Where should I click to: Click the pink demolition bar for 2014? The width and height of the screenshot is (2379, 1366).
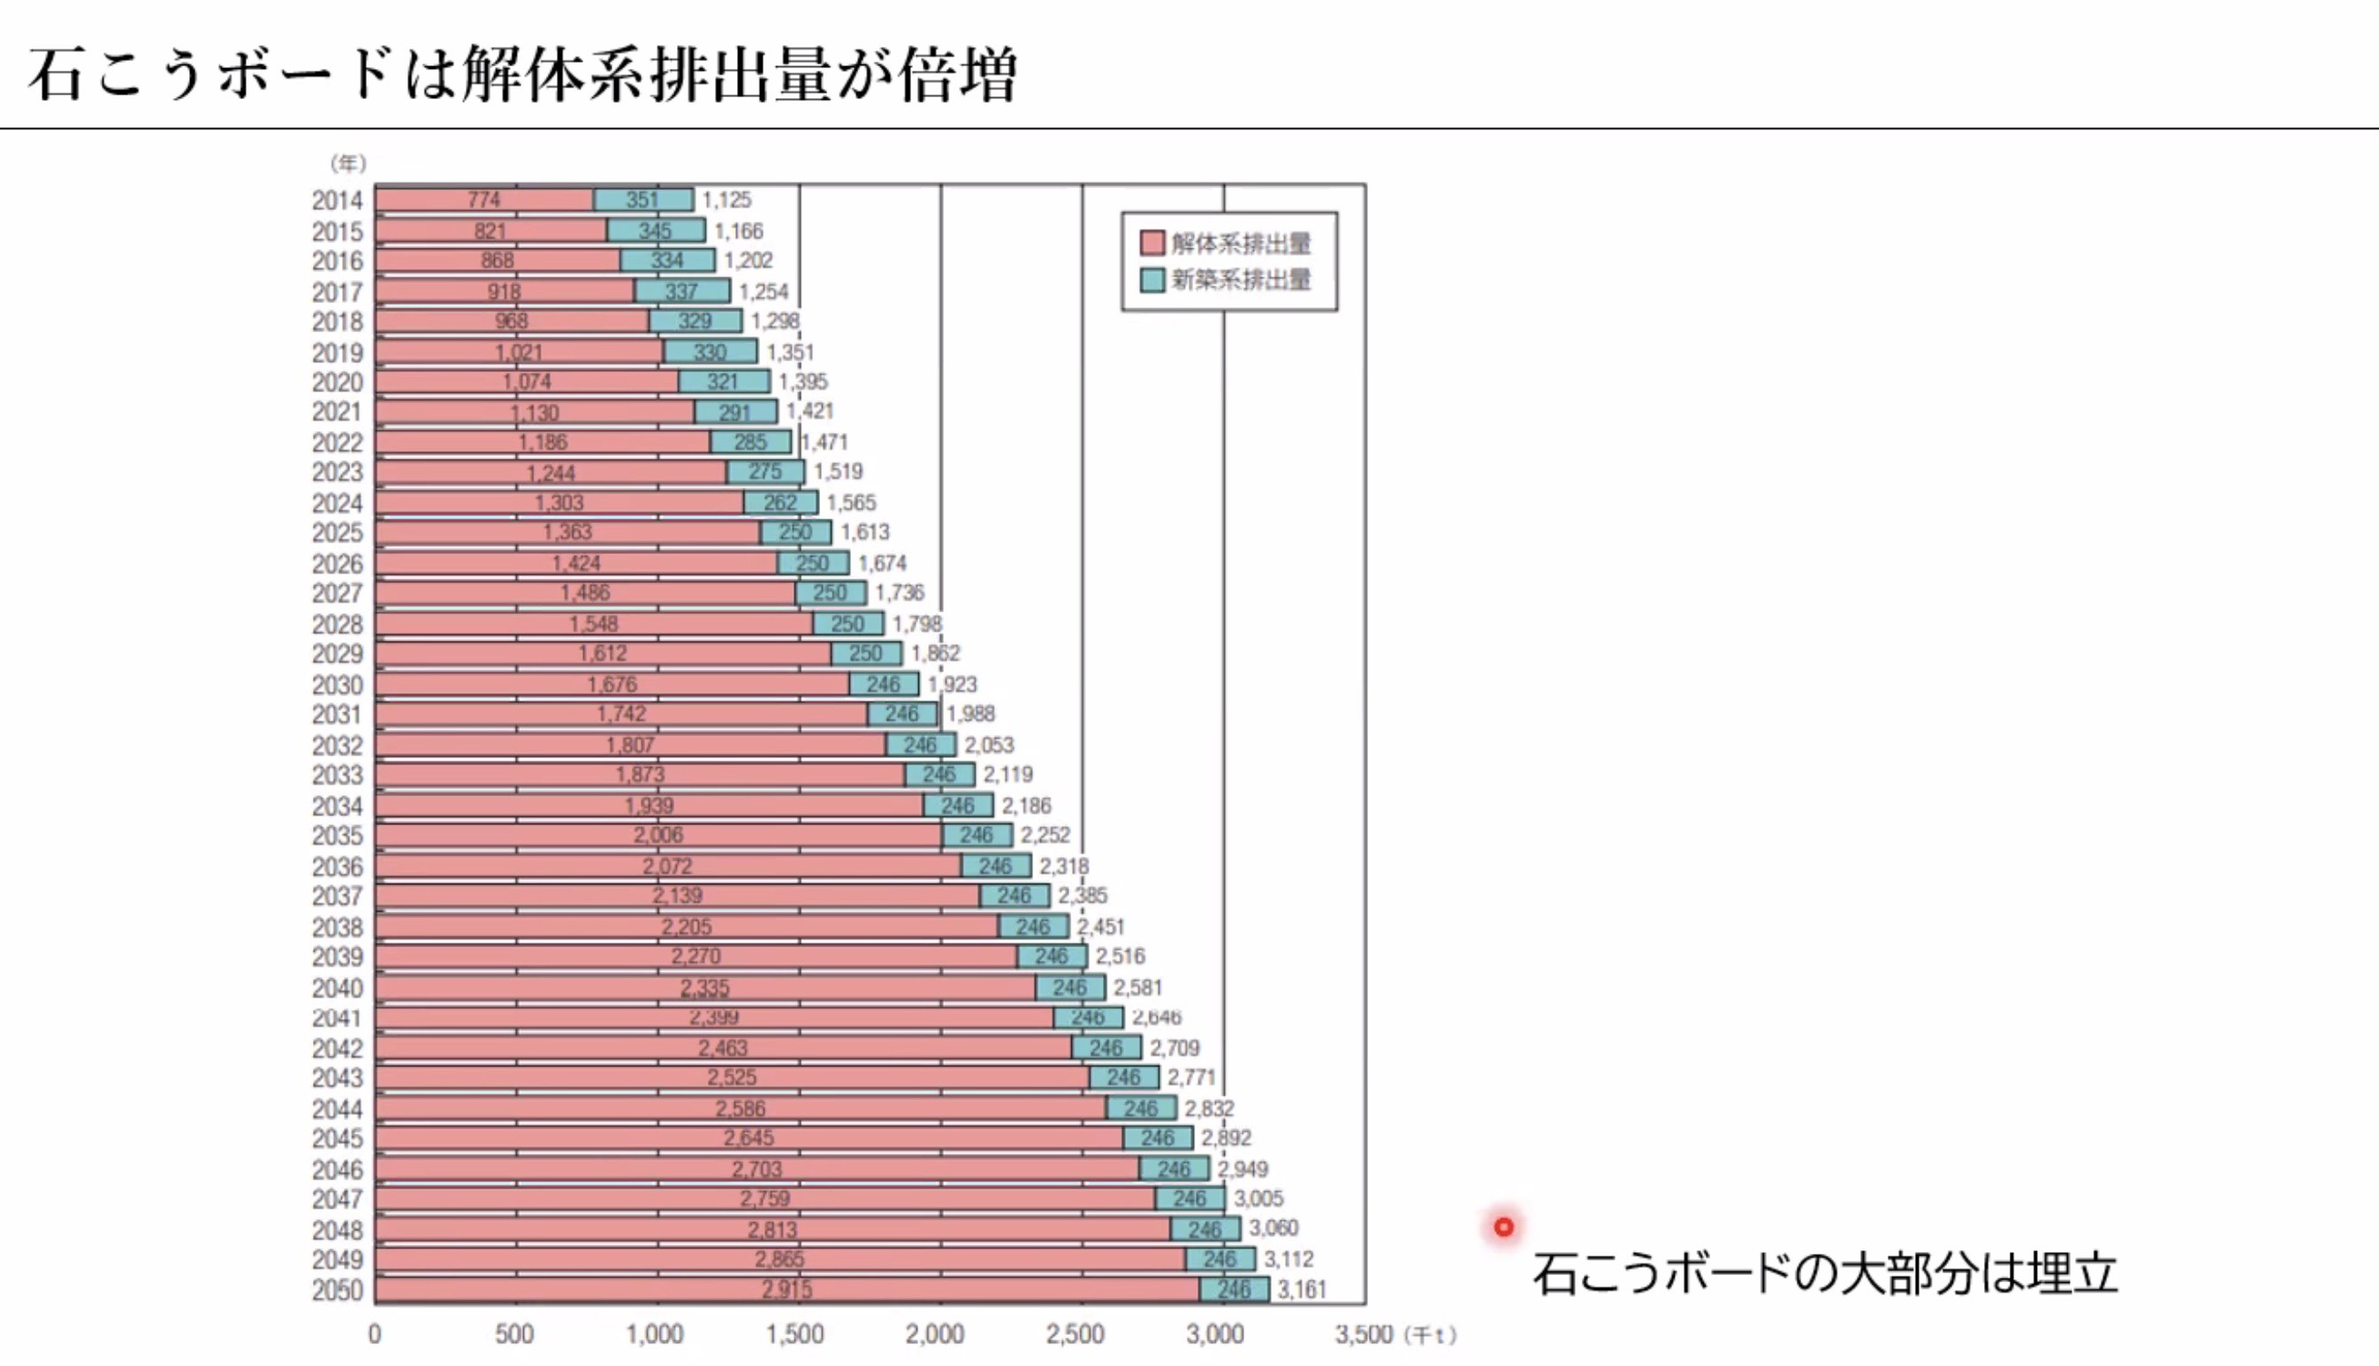pyautogui.click(x=484, y=200)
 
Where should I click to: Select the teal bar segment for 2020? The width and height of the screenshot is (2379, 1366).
pyautogui.click(x=723, y=382)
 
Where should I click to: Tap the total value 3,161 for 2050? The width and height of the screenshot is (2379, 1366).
pyautogui.click(x=1302, y=1290)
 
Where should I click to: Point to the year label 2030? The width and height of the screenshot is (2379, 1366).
pyautogui.click(x=337, y=685)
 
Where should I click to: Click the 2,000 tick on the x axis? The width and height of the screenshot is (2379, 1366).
pyautogui.click(x=934, y=1334)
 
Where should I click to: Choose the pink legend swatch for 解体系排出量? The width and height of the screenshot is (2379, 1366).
pyautogui.click(x=1152, y=243)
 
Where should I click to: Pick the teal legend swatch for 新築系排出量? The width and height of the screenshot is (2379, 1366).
pyautogui.click(x=1152, y=279)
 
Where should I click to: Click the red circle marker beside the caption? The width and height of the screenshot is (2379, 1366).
pyautogui.click(x=1504, y=1227)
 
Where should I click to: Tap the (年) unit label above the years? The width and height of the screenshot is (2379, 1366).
pyautogui.click(x=347, y=163)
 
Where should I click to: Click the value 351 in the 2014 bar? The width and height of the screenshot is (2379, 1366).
pyautogui.click(x=642, y=200)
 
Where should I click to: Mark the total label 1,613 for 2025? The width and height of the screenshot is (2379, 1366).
pyautogui.click(x=865, y=533)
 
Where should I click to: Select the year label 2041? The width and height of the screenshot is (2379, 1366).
pyautogui.click(x=337, y=1018)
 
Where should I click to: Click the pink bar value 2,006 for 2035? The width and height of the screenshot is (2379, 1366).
pyautogui.click(x=658, y=835)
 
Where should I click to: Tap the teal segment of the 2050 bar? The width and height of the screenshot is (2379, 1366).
pyautogui.click(x=1235, y=1290)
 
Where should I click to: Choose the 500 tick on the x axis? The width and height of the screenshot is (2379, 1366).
pyautogui.click(x=514, y=1334)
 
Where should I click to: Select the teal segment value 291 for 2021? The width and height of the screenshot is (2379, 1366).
pyautogui.click(x=735, y=413)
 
